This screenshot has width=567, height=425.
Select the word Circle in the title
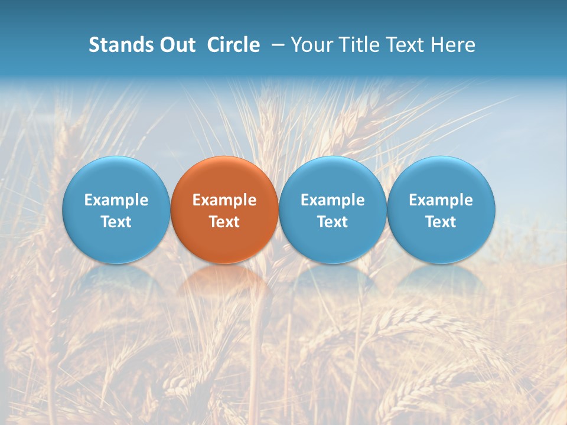point(233,45)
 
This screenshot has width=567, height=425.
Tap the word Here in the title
point(454,45)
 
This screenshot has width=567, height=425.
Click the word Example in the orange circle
point(224,200)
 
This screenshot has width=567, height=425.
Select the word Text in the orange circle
point(224,222)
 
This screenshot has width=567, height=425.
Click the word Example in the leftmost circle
point(116,200)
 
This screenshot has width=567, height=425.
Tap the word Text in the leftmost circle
point(116,222)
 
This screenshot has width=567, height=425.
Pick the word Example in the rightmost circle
point(441,200)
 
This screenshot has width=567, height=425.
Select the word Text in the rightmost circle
point(441,222)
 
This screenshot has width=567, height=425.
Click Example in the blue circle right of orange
point(333,200)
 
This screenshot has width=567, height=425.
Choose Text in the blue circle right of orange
point(333,222)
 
